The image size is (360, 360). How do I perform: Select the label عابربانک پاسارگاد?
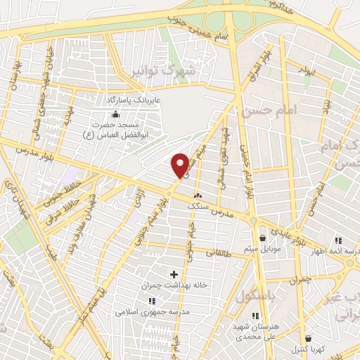134,101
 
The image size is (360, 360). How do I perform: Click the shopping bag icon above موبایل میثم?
262,238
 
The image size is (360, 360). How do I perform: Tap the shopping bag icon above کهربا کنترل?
308,338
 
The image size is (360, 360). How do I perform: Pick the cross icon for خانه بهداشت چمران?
174,273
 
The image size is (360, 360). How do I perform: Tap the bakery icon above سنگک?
197,195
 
